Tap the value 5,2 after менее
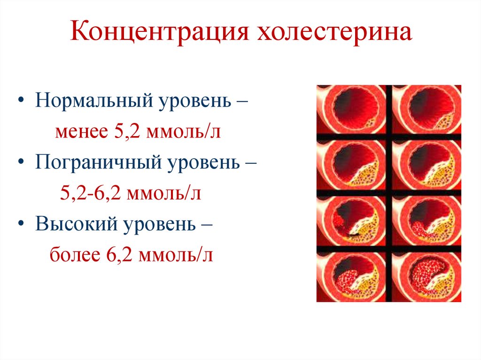[x=125, y=132]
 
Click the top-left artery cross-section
[x=351, y=109]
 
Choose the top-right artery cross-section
[x=427, y=109]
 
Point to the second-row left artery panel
[x=351, y=165]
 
